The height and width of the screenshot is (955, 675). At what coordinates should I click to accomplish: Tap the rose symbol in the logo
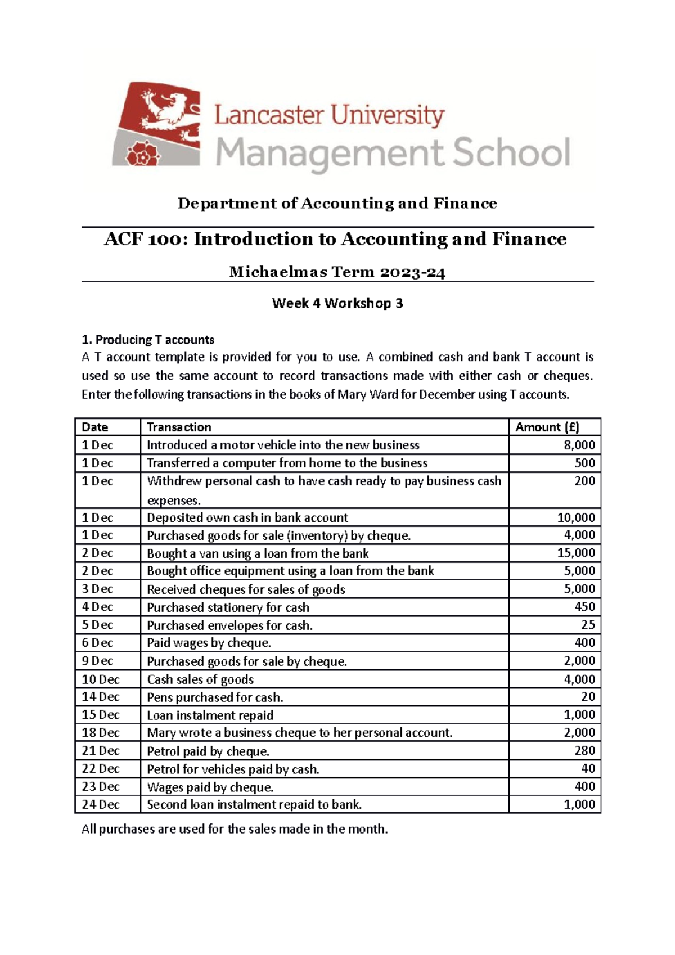tap(138, 154)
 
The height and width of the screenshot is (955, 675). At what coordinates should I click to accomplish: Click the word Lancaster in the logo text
tap(269, 116)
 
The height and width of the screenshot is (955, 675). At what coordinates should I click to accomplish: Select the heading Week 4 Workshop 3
tap(337, 304)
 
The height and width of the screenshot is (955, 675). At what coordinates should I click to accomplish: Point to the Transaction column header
tap(179, 427)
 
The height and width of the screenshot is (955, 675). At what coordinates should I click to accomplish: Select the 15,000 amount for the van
tap(576, 553)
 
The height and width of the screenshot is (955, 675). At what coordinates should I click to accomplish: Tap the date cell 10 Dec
tap(101, 679)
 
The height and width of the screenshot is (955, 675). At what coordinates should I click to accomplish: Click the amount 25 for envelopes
tap(588, 625)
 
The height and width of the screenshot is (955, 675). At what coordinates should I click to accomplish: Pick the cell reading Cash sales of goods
tap(200, 679)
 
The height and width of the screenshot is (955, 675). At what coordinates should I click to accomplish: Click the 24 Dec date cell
tap(101, 804)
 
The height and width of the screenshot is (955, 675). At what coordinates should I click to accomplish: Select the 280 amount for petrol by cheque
tap(584, 751)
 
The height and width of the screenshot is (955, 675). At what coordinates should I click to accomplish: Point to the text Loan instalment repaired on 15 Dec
tap(210, 715)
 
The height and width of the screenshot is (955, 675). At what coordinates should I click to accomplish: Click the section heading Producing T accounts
tap(148, 340)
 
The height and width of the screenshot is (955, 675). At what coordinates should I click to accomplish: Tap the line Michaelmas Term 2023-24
tap(337, 273)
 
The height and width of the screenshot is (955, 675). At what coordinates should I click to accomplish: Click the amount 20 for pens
tap(588, 697)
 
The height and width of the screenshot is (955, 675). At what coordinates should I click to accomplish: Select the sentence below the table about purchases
tap(235, 829)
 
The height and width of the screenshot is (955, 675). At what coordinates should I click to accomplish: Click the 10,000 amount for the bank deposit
tap(576, 517)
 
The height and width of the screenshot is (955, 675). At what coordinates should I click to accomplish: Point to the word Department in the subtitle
tap(227, 204)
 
